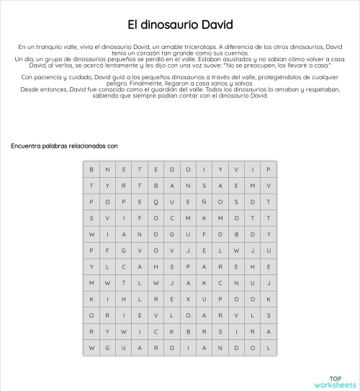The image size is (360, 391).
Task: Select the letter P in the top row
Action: click(268, 169)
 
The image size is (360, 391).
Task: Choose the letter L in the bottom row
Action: click(268, 347)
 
